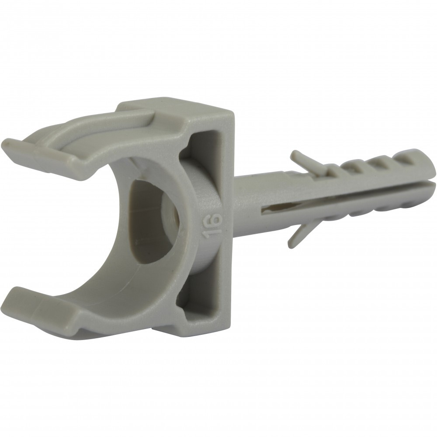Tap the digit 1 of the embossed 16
211,235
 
